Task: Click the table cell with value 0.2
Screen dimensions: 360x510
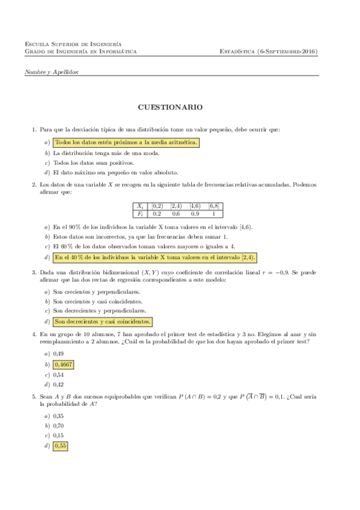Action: point(157,214)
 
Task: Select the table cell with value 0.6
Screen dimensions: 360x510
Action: point(177,214)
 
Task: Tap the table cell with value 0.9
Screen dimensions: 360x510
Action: point(195,214)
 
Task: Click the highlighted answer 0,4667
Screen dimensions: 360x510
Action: point(63,364)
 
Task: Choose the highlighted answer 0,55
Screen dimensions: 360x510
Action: point(60,446)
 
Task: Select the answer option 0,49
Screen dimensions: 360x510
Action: point(58,355)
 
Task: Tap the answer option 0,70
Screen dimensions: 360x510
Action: point(58,426)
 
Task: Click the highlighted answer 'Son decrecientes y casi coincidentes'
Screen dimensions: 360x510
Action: point(102,321)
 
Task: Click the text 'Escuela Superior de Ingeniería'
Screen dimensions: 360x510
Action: point(73,44)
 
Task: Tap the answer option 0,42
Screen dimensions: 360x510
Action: point(58,384)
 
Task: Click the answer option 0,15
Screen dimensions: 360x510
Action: point(58,435)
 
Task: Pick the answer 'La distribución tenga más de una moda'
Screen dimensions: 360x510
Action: point(106,153)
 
